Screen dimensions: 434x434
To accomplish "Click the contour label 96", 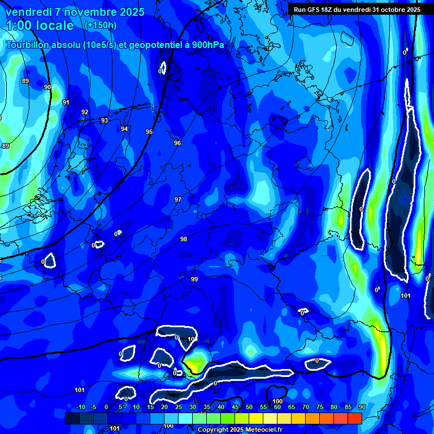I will tap(177, 143).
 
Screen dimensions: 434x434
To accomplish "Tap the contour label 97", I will tap(178, 199).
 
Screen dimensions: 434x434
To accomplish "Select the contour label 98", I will tap(184, 239).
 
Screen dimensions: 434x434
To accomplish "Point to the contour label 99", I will tap(194, 279).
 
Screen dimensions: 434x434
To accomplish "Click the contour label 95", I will tap(149, 132).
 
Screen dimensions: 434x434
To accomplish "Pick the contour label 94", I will tap(124, 129).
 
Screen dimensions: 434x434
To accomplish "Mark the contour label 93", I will tap(105, 120).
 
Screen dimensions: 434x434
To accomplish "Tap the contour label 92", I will tap(85, 112).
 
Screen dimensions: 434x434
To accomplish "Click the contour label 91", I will tap(66, 102).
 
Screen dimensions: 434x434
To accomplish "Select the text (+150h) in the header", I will tap(101, 25).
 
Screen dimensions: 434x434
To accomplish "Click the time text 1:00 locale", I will tap(40, 25).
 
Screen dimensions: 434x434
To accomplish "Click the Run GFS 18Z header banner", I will tap(357, 10).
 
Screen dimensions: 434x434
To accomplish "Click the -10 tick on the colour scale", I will tap(80, 407).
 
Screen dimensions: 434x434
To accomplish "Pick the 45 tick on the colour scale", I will tap(235, 407).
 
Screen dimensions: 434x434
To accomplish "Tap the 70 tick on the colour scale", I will tap(306, 407).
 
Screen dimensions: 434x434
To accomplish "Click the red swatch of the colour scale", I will tap(355, 418).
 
